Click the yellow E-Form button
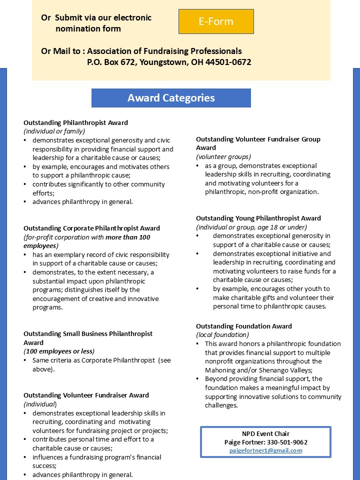pyautogui.click(x=216, y=21)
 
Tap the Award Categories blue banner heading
pyautogui.click(x=171, y=98)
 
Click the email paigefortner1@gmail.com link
pyautogui.click(x=265, y=450)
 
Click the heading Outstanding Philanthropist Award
pyautogui.click(x=75, y=122)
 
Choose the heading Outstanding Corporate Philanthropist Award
pyautogui.click(x=91, y=228)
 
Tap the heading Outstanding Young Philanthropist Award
pyautogui.click(x=258, y=218)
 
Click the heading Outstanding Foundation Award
pyautogui.click(x=243, y=326)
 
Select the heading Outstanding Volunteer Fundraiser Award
pyautogui.click(x=86, y=395)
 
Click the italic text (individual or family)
pyautogui.click(x=54, y=131)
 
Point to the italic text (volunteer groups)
pyautogui.click(x=223, y=156)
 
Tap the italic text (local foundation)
pyautogui.click(x=222, y=334)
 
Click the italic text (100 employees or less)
pyautogui.click(x=59, y=351)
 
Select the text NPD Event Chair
pyautogui.click(x=265, y=433)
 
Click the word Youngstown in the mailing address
pyautogui.click(x=163, y=62)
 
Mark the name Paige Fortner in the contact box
pyautogui.click(x=243, y=442)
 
